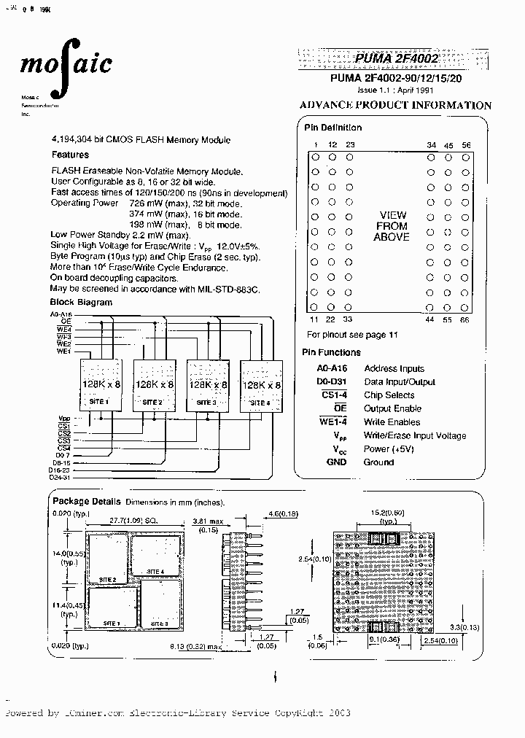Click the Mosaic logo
(65, 64)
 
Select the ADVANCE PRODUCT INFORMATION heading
(395, 105)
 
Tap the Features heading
(70, 155)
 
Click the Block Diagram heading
(81, 302)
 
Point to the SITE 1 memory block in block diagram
(99, 384)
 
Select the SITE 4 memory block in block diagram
(261, 385)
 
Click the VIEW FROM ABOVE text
(392, 226)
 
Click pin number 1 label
(315, 145)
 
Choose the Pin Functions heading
(331, 352)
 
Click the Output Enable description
(392, 409)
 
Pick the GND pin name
(336, 462)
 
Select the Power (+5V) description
(388, 449)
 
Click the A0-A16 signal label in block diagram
(61, 313)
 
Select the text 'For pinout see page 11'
(353, 335)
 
